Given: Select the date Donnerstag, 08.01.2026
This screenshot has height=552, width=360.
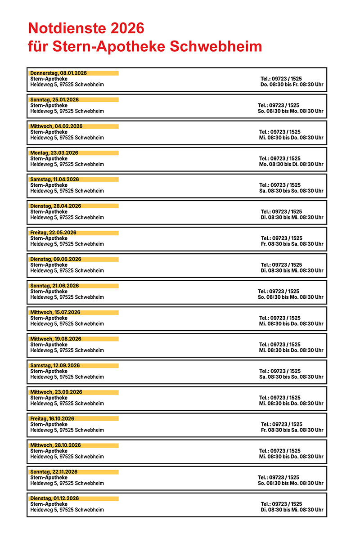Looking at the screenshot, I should tap(58, 73).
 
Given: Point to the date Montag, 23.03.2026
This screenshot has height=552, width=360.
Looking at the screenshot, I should tap(54, 153).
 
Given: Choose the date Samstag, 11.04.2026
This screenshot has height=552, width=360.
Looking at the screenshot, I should tap(54, 180).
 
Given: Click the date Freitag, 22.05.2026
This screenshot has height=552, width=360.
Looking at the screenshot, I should tap(53, 233).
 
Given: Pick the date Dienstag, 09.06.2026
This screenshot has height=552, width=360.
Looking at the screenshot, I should tap(56, 259).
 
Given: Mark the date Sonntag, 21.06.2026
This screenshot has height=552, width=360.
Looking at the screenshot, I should tap(54, 286).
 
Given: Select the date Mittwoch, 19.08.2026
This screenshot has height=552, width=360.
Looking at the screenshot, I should tap(56, 339).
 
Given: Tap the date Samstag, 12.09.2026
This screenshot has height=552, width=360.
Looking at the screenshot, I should tap(54, 365).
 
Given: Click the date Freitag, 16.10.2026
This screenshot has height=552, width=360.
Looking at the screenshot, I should tap(52, 418).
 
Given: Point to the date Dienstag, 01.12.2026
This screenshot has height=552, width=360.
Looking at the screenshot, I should tap(54, 498).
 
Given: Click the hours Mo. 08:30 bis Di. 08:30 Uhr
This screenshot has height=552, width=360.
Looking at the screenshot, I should tap(291, 164).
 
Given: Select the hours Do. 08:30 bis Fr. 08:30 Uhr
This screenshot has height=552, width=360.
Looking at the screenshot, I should tap(292, 85).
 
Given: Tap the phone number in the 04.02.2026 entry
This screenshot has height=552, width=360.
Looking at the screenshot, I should tap(279, 132).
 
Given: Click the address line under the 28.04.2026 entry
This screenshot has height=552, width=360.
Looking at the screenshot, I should tap(67, 217).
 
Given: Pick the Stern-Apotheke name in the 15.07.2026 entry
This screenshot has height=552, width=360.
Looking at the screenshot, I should tap(49, 318).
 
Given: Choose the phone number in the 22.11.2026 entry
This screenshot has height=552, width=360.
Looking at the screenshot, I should tap(278, 477).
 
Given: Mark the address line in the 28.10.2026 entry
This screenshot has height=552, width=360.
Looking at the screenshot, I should tap(67, 457).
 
